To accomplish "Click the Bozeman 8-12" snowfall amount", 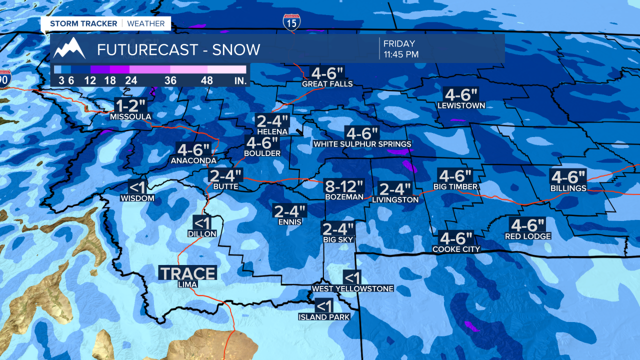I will [343, 186].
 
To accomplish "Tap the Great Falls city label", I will [327, 84].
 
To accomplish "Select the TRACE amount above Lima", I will [187, 273].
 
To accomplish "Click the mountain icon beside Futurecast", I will [70, 48].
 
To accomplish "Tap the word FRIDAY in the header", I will [399, 44].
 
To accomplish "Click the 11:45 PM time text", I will [401, 54].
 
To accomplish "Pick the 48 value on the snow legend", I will [206, 80].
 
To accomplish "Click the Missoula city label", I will [130, 117].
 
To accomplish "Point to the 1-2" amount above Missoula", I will [130, 105].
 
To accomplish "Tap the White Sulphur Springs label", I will [362, 144].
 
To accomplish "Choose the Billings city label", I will [568, 188].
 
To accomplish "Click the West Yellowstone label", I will [352, 288].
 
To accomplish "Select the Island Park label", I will [324, 317].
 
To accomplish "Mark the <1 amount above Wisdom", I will [137, 187].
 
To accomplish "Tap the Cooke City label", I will [456, 249].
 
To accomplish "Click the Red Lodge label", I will [527, 236].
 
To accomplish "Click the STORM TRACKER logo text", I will [84, 23].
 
